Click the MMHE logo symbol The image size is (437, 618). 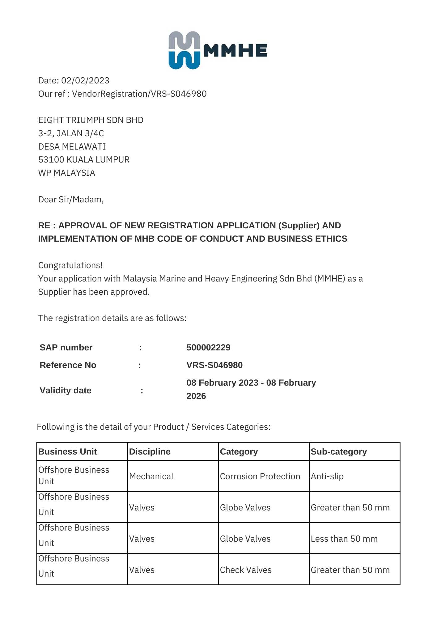tap(184, 50)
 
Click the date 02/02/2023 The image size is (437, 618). tap(85, 81)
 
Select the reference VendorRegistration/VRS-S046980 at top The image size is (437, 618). tap(139, 94)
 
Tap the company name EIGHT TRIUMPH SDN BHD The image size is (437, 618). tap(91, 120)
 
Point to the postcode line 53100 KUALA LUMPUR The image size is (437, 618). tap(84, 160)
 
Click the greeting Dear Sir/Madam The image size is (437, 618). tap(71, 200)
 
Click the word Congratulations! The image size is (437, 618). tap(70, 265)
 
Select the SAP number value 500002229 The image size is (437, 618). tap(208, 348)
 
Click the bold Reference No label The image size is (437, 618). tap(68, 365)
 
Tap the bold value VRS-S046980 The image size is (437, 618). tap(214, 365)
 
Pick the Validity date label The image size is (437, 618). tap(65, 391)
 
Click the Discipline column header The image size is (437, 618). tap(150, 452)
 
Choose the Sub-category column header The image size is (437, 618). tap(339, 452)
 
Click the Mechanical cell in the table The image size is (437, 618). tap(151, 476)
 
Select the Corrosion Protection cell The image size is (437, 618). tap(260, 476)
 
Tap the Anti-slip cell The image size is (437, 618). tap(327, 476)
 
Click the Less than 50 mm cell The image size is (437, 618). tap(344, 539)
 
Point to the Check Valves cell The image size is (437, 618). tap(246, 570)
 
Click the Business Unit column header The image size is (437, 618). tap(67, 452)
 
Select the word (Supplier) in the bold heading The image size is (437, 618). tap(299, 226)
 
